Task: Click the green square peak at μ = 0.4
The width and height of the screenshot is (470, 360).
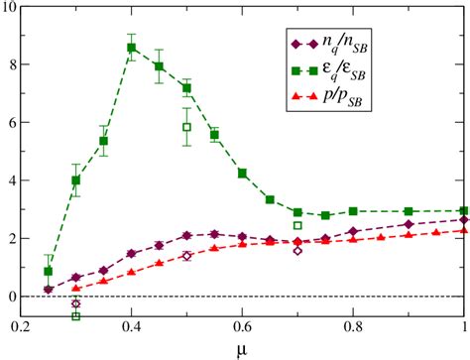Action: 131,48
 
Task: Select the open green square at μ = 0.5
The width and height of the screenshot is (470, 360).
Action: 186,127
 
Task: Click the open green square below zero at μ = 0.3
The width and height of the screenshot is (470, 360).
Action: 76,316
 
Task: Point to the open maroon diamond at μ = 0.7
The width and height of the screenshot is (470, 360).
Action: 297,251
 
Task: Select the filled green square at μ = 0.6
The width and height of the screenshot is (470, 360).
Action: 242,174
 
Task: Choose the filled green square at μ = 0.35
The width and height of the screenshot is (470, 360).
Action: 104,141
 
